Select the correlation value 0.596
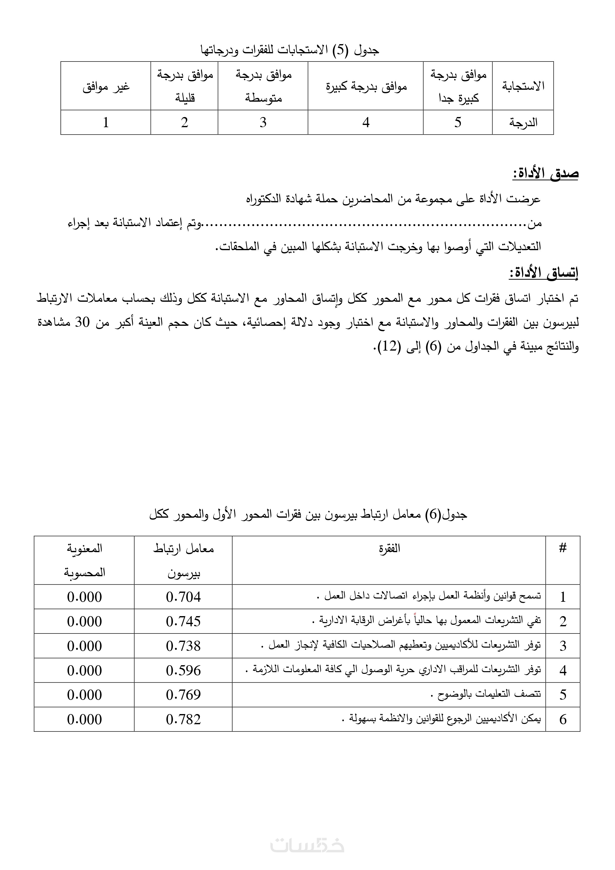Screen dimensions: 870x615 tap(183, 671)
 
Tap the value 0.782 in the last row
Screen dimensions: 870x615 tap(183, 720)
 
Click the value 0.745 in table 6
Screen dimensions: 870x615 tap(183, 621)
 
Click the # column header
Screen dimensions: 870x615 tap(563, 548)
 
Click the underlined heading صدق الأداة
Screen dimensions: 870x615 tap(546, 174)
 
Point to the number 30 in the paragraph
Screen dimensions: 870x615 tap(82, 323)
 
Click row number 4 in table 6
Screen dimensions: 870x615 tap(563, 671)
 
